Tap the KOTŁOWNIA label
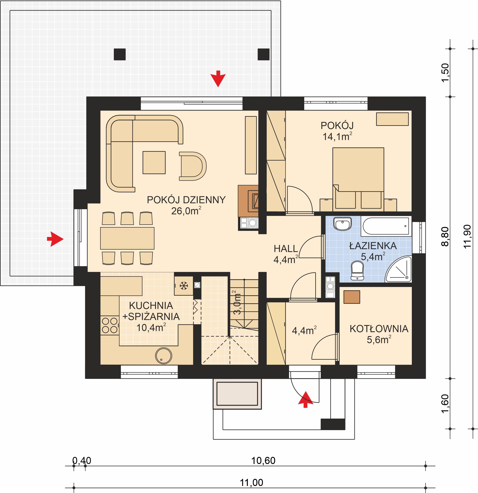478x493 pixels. (x=379, y=329)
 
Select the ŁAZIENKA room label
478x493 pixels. (x=373, y=246)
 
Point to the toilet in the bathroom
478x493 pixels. (x=358, y=270)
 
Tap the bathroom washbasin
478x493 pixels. (x=342, y=224)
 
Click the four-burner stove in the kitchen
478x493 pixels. (x=110, y=325)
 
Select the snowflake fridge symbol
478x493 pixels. (x=184, y=286)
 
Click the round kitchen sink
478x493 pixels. (x=164, y=356)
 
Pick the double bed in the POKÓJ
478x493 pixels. (x=358, y=178)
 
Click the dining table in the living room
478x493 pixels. (x=127, y=238)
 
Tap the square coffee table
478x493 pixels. (x=154, y=163)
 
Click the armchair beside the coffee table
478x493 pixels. (x=193, y=166)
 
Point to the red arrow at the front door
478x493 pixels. (x=305, y=399)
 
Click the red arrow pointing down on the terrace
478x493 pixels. (x=218, y=79)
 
